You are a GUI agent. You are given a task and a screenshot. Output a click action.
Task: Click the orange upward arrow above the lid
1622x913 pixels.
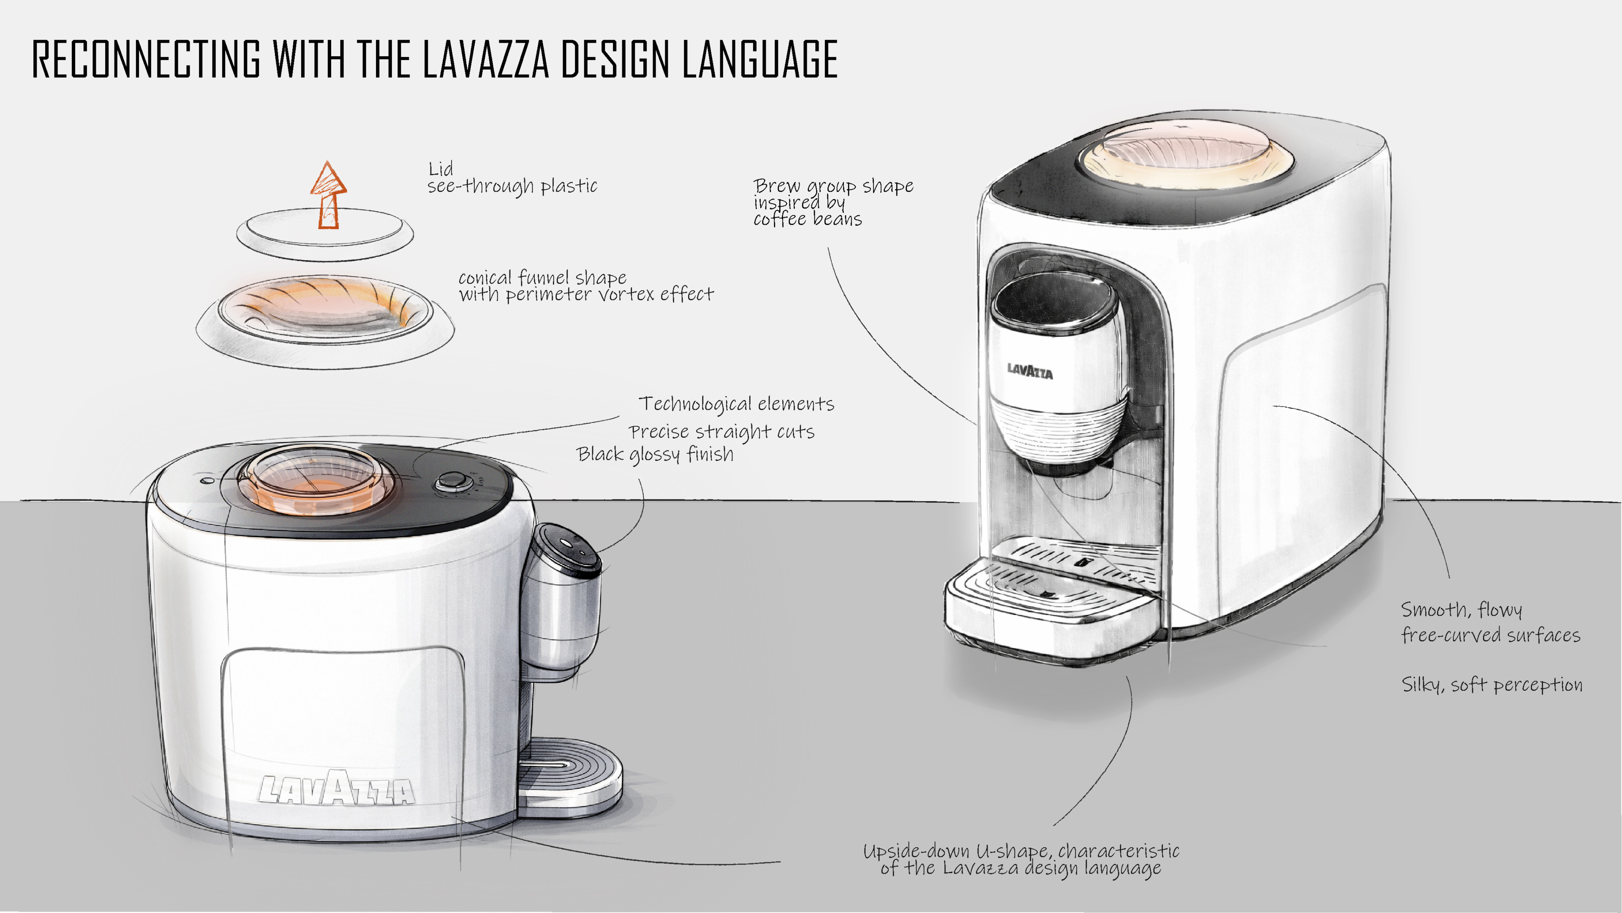coord(328,195)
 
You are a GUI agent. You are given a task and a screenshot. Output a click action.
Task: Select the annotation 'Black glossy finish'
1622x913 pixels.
coord(655,455)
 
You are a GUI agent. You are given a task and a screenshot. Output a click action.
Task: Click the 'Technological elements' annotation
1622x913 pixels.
coord(736,403)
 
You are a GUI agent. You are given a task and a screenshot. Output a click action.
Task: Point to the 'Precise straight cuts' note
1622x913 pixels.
coord(721,432)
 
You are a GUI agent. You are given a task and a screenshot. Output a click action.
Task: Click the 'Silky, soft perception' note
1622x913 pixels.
coord(1491,684)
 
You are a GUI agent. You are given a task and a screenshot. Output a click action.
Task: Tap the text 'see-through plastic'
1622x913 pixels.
coord(512,186)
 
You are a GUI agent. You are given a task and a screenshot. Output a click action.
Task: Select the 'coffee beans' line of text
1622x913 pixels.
coord(807,219)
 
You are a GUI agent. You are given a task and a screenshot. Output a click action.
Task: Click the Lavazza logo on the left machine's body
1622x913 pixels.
coord(337,789)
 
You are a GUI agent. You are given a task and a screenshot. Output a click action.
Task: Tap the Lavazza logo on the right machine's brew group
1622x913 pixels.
coord(1029,371)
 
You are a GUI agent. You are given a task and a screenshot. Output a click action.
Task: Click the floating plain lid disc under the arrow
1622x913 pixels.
coord(325,234)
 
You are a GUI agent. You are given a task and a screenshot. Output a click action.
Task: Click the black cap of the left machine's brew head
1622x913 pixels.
coord(569,549)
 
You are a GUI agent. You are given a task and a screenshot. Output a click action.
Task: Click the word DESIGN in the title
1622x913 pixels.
coord(615,59)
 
